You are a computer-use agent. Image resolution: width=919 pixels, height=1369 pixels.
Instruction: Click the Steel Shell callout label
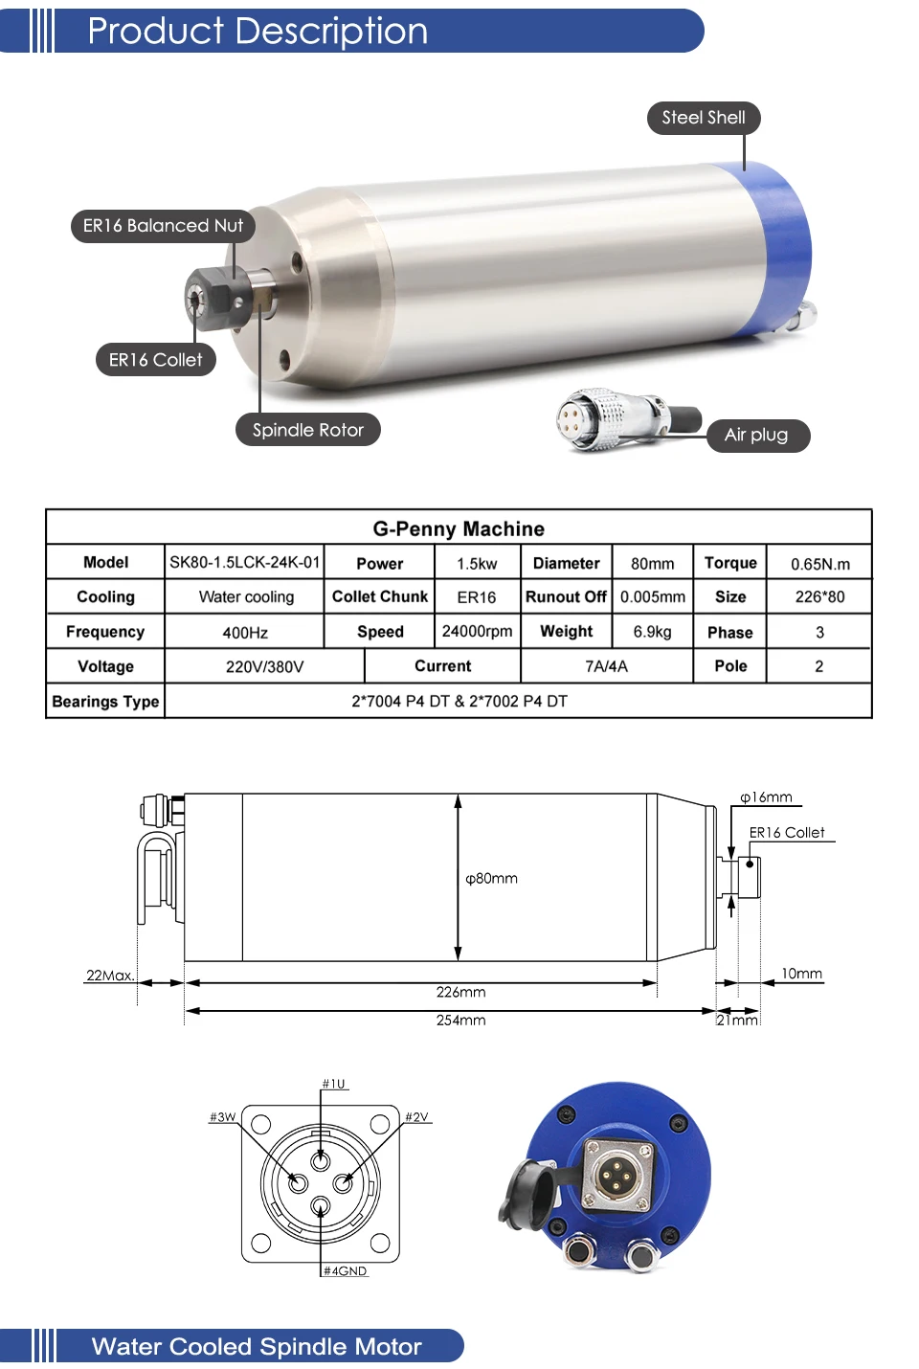point(704,118)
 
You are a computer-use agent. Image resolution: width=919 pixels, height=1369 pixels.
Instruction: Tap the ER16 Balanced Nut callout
point(163,226)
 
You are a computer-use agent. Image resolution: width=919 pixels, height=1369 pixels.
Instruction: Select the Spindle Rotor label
point(308,430)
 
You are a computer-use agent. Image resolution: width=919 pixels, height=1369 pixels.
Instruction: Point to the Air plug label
point(757,436)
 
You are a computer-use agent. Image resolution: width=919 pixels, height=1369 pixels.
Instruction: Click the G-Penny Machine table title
point(459,528)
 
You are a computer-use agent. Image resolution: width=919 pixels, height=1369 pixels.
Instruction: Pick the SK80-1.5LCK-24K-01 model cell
point(244,562)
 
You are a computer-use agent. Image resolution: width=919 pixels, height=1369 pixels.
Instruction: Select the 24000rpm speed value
point(478,631)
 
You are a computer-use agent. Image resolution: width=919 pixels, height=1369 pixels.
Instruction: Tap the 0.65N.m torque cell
point(820,564)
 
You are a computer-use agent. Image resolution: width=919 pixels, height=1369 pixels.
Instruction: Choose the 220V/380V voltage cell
point(264,666)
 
